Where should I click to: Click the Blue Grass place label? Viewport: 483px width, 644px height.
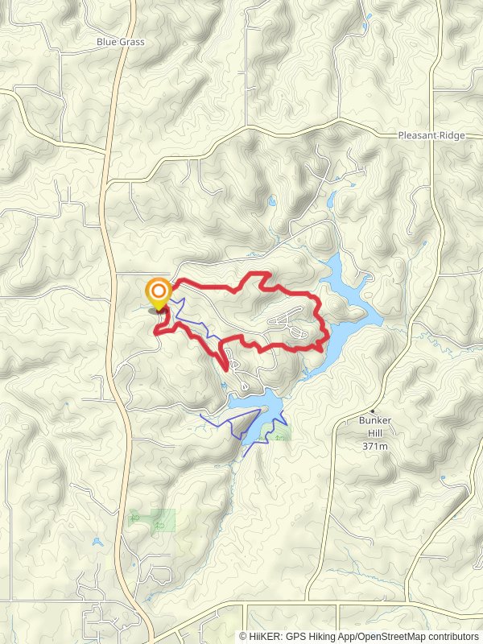(x=120, y=42)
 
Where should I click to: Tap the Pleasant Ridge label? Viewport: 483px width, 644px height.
(x=431, y=136)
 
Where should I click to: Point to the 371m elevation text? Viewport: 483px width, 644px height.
(x=375, y=445)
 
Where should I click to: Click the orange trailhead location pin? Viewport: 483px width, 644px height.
(x=159, y=292)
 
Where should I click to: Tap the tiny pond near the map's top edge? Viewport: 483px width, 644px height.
(x=369, y=16)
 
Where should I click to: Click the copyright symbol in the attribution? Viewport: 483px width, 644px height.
(x=243, y=636)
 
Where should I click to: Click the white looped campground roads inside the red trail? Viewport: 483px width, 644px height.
(x=290, y=322)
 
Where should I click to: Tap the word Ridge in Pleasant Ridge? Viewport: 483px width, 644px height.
(x=452, y=136)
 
